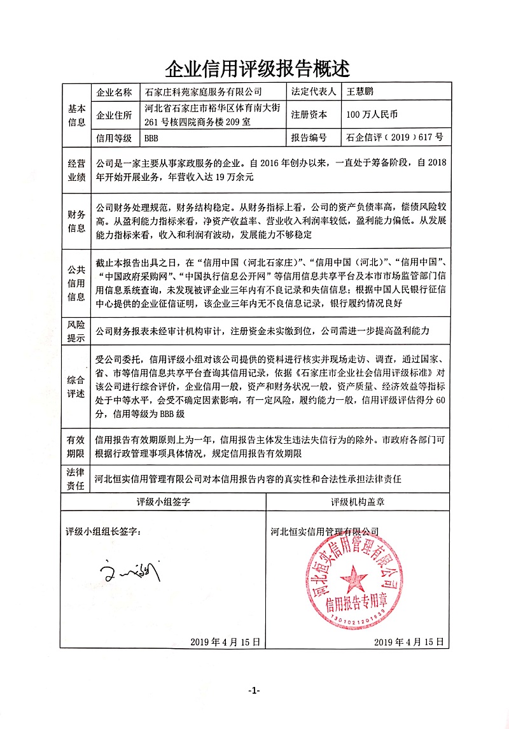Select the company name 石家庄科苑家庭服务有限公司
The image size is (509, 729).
(204, 92)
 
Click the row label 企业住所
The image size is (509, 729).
(113, 115)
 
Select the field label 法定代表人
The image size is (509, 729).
(313, 92)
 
